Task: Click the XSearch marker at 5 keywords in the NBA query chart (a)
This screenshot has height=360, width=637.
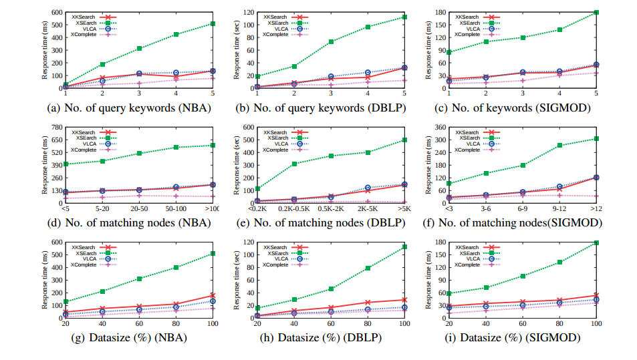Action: click(213, 23)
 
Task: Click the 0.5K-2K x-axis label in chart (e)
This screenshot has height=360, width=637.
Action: click(331, 209)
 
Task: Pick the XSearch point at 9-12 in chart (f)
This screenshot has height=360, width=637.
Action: click(559, 146)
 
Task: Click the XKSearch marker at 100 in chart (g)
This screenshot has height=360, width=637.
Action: click(213, 295)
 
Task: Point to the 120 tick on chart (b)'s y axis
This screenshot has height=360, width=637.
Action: click(249, 12)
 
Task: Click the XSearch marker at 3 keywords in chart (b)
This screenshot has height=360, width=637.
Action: click(331, 41)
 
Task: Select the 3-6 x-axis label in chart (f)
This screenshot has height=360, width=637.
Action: click(486, 209)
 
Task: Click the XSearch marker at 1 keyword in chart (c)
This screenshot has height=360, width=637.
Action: click(449, 52)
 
